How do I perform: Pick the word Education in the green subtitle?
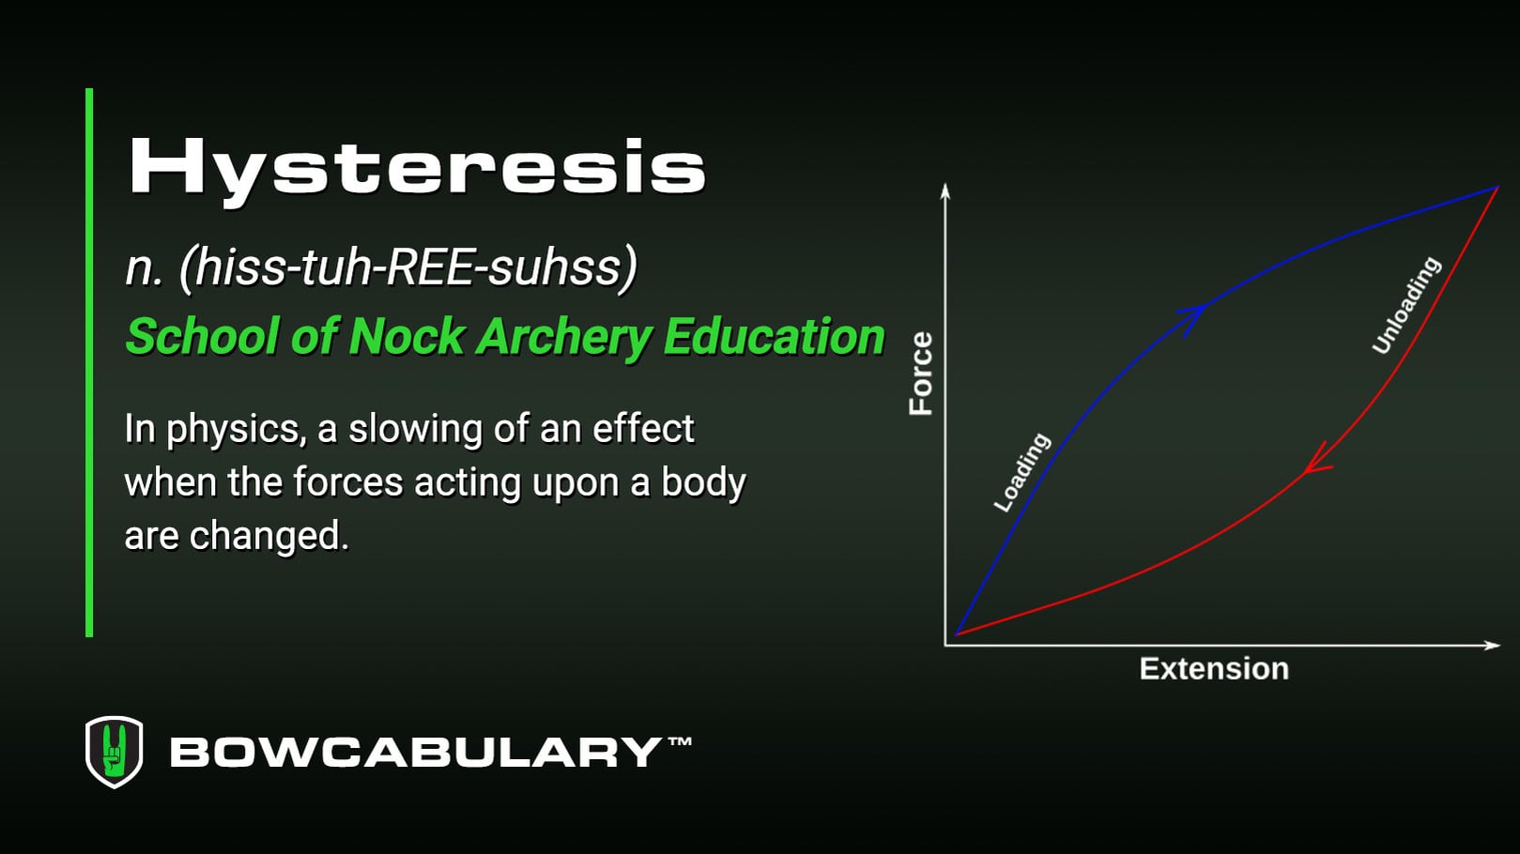(774, 337)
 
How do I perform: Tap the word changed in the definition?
(269, 536)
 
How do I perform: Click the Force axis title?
(921, 373)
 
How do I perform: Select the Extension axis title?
(1213, 668)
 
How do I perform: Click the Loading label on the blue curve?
(1021, 472)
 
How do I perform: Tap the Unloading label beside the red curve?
(1405, 305)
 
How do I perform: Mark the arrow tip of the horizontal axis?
(1495, 645)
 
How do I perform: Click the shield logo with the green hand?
(115, 752)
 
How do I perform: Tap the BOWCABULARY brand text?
(416, 753)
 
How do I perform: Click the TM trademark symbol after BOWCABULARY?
(680, 741)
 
